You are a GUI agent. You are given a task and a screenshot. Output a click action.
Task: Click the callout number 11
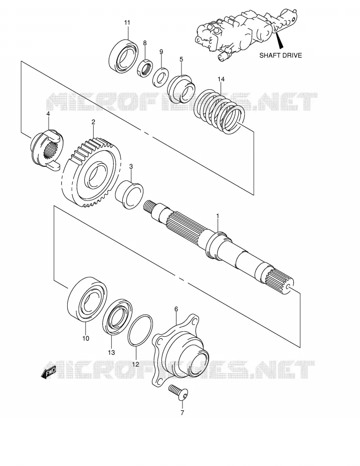[127, 23]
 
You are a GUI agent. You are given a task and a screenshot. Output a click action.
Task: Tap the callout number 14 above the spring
[221, 79]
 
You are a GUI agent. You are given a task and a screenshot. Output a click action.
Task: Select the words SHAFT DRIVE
[281, 55]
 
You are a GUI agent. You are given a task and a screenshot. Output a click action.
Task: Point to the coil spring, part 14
[219, 111]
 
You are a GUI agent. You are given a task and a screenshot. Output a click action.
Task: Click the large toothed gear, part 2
[92, 172]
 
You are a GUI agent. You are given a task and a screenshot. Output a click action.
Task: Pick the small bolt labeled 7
[178, 392]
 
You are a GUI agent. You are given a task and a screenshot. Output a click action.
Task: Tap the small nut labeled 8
[145, 68]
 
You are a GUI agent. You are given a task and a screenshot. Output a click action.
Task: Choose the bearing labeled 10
[87, 300]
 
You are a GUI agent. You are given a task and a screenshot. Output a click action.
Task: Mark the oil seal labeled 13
[117, 317]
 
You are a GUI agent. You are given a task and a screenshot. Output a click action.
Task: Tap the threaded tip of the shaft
[148, 206]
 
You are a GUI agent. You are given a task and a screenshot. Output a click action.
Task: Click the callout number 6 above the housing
[176, 309]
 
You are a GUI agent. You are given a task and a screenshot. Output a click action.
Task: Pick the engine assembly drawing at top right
[246, 34]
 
